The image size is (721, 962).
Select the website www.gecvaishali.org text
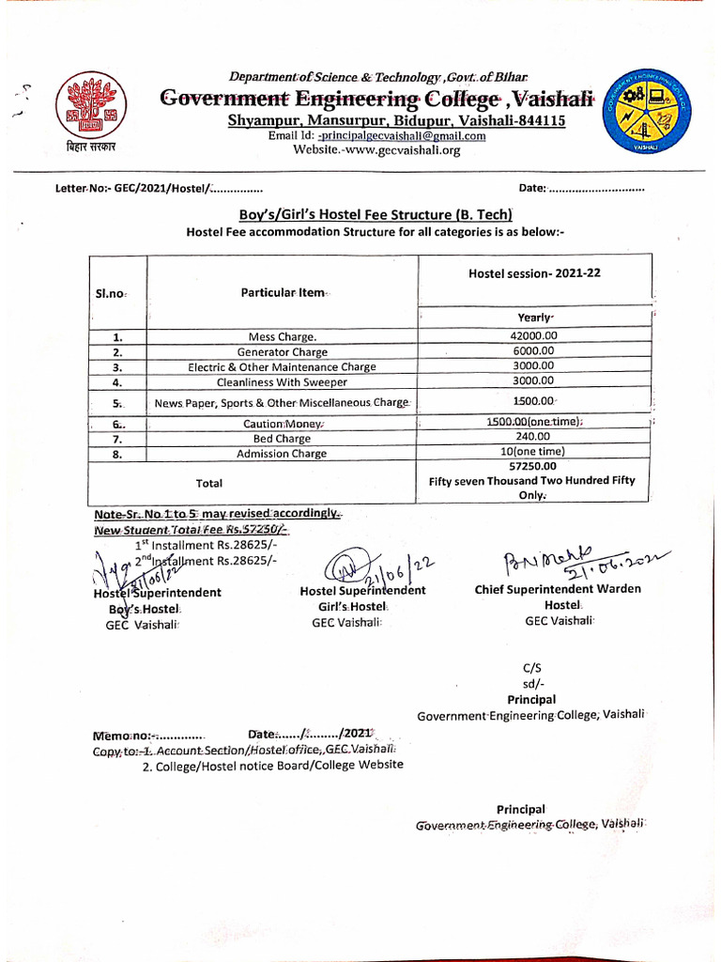pos(376,150)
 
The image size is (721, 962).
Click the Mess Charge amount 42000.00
pos(533,335)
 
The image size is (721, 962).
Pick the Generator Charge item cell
pos(282,352)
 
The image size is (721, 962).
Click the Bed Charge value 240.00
pos(533,437)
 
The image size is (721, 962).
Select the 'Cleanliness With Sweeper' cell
pos(282,382)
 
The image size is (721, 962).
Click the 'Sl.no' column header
pos(111,294)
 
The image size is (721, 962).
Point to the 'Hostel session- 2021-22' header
pos(534,272)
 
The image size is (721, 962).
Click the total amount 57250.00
pos(532,465)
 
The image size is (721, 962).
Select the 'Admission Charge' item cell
pos(282,454)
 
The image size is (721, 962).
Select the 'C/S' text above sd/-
pos(531,668)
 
